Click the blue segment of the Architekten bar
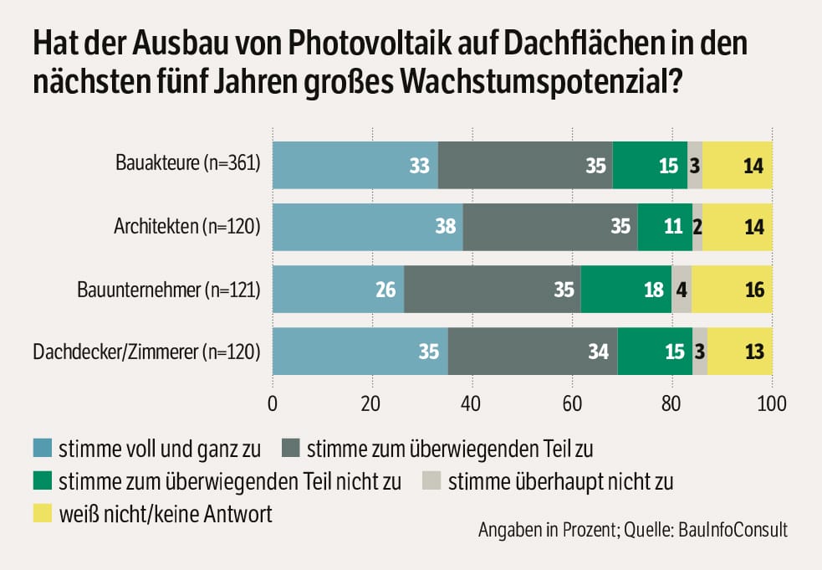[368, 227]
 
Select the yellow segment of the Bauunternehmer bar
[732, 290]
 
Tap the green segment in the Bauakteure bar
[650, 165]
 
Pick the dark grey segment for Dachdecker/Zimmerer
[533, 352]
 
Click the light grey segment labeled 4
[682, 290]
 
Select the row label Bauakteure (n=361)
[188, 164]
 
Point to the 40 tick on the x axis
[372, 403]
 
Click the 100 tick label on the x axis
[771, 403]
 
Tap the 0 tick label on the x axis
[273, 403]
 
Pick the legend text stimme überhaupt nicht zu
[560, 481]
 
